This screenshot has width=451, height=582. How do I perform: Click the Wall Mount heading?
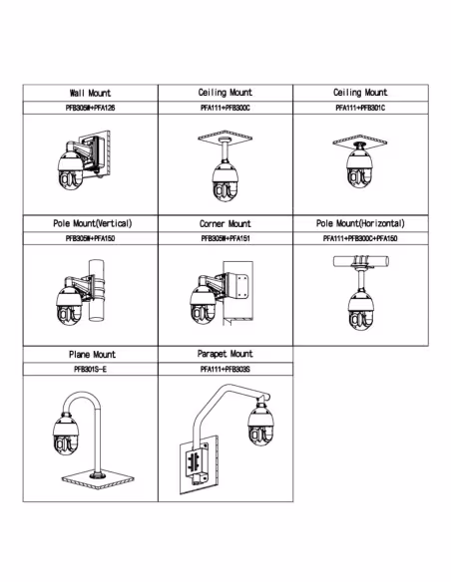(90, 93)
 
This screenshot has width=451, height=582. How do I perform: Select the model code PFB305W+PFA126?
(90, 108)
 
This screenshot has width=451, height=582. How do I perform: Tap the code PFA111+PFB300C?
(225, 108)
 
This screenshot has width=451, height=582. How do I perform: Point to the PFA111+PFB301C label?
(360, 108)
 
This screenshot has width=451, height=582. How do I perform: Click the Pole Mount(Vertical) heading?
(93, 223)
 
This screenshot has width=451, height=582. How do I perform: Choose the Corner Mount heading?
(225, 224)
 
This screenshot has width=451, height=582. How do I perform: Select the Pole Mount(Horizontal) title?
(360, 223)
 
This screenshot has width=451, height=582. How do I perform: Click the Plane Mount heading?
(92, 355)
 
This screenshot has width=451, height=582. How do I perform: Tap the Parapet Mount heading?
(225, 354)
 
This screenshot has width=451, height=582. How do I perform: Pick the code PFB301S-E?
(90, 370)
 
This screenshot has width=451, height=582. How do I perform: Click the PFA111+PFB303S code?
(225, 370)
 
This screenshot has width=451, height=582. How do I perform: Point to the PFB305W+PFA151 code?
(225, 238)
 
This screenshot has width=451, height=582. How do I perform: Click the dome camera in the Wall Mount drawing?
(71, 170)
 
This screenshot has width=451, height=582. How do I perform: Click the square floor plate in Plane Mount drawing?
(98, 479)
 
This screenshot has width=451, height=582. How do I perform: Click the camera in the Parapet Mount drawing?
(260, 424)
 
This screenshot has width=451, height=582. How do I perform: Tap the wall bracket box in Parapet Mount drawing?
(198, 465)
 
